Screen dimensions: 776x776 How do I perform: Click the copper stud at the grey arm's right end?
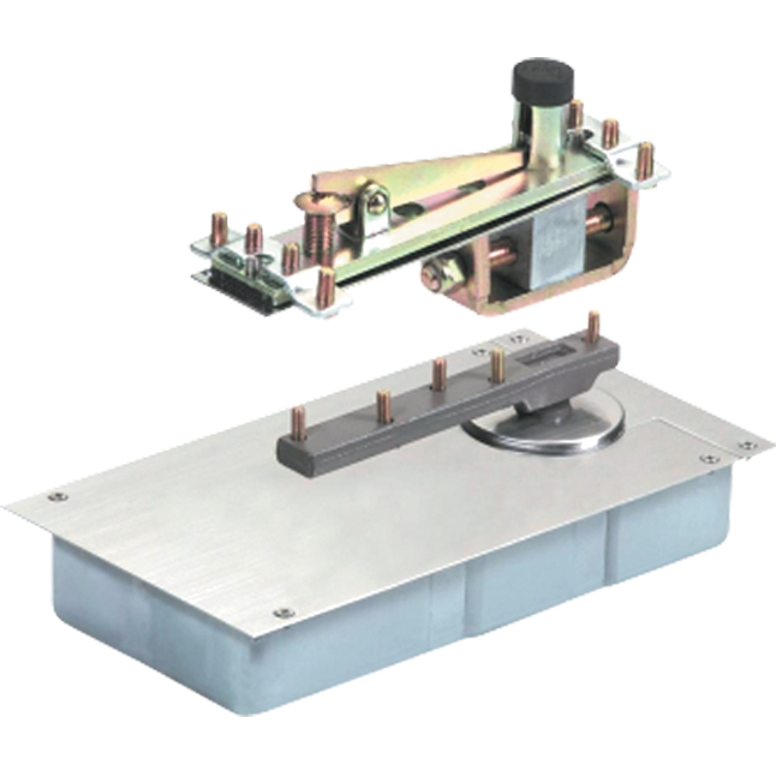(x=592, y=327)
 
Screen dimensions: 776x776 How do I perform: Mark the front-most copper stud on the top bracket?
(x=325, y=287)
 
